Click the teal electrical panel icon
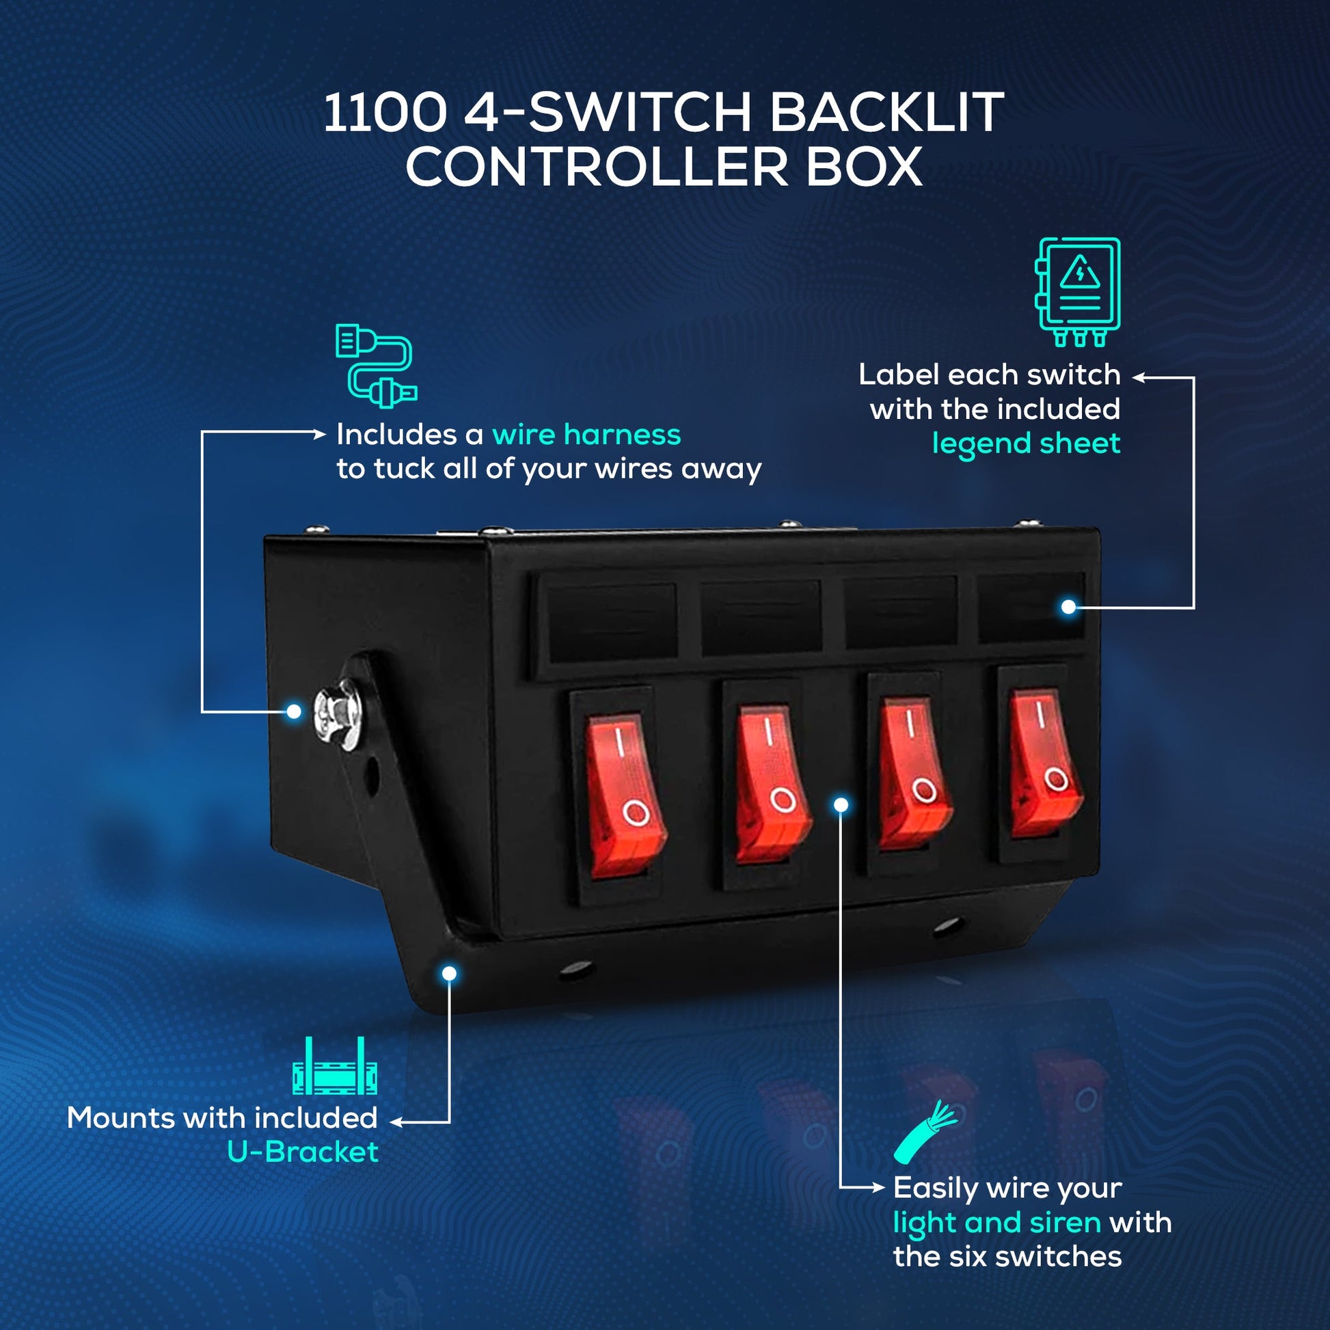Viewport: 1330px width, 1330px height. coord(1077,291)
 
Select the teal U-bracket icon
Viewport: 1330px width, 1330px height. coord(335,1066)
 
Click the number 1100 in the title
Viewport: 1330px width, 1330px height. coord(385,112)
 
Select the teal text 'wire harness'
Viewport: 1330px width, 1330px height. coord(586,435)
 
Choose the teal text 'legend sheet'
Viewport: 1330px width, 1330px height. coord(1026,444)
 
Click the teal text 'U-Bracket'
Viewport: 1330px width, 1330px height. coord(303,1152)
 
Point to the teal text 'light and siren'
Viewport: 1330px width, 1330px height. coord(996,1223)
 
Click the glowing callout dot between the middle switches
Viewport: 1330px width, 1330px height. coord(841,804)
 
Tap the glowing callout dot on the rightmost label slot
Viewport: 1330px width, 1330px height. coord(1068,606)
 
